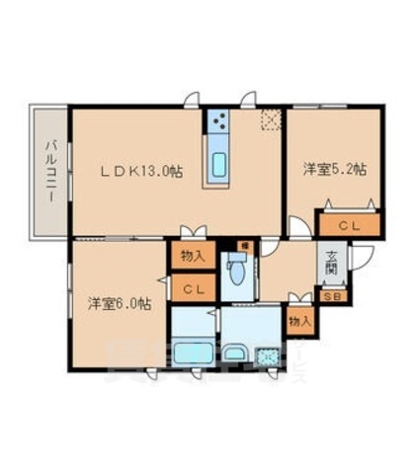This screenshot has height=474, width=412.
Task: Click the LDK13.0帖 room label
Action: tap(139, 170)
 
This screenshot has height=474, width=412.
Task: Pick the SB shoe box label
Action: tap(329, 294)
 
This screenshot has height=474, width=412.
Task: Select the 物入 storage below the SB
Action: tap(300, 321)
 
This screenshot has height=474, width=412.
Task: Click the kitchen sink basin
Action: tap(218, 162)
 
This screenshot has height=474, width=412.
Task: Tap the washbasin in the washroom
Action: tap(235, 353)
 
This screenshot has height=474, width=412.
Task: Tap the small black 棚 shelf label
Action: tap(237, 245)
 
